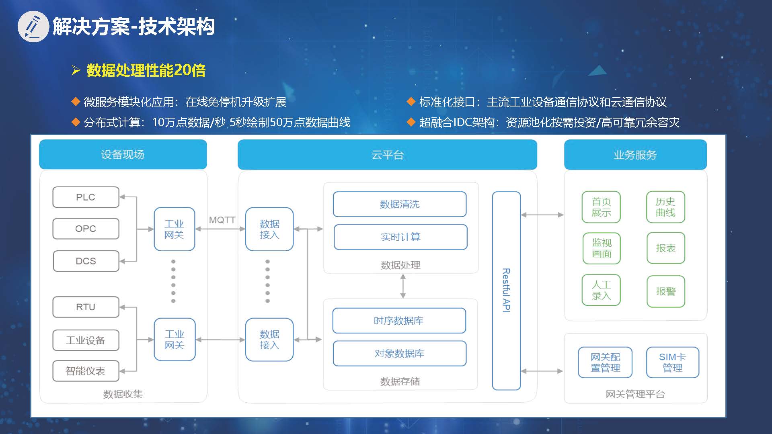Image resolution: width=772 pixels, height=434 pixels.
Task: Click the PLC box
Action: pyautogui.click(x=86, y=197)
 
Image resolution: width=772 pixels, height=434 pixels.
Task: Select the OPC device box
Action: pyautogui.click(x=86, y=229)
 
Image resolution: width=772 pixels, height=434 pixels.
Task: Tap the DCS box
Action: pyautogui.click(x=86, y=261)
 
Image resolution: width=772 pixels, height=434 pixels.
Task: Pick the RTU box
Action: pyautogui.click(x=86, y=307)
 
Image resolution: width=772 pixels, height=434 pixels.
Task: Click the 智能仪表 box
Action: pyautogui.click(x=86, y=371)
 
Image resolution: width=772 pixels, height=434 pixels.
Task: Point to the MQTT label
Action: pyautogui.click(x=222, y=220)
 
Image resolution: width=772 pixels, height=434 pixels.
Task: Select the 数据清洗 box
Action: pyautogui.click(x=400, y=204)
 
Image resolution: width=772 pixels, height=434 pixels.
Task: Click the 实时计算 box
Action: pyautogui.click(x=400, y=237)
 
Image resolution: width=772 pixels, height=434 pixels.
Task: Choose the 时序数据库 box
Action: pyautogui.click(x=399, y=321)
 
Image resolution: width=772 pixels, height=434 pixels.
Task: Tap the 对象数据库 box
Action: pyautogui.click(x=400, y=354)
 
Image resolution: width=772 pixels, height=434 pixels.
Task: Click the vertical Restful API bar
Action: pyautogui.click(x=506, y=290)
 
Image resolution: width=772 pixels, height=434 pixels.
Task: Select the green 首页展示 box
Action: pyautogui.click(x=601, y=207)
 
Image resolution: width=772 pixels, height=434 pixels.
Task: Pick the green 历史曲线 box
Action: pyautogui.click(x=665, y=207)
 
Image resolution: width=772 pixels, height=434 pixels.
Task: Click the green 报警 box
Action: pyautogui.click(x=666, y=291)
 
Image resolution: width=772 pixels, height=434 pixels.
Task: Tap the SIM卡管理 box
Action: pyautogui.click(x=672, y=362)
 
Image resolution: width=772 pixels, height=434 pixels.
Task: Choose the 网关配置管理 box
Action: pyautogui.click(x=605, y=362)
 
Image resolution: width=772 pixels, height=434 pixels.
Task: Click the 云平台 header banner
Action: pyautogui.click(x=387, y=155)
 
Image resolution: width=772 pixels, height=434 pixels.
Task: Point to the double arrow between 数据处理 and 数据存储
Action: pyautogui.click(x=403, y=286)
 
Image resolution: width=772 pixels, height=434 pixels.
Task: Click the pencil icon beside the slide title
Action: pyautogui.click(x=33, y=27)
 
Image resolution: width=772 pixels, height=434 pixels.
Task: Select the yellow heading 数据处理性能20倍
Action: pyautogui.click(x=146, y=71)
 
